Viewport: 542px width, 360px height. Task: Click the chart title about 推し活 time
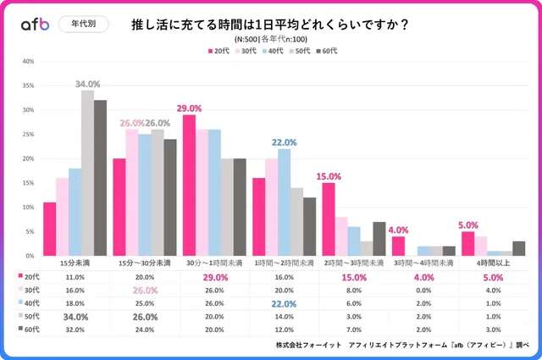[x=272, y=24]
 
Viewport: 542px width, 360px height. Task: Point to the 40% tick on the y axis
[x=28, y=61]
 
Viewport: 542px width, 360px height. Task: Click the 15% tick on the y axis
[x=28, y=183]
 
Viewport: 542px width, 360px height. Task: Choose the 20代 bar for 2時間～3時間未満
[x=329, y=219]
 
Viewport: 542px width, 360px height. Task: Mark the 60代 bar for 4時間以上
[x=518, y=248]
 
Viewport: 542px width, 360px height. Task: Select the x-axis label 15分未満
[x=75, y=263]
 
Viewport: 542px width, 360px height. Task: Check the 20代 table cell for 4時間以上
[x=491, y=277]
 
